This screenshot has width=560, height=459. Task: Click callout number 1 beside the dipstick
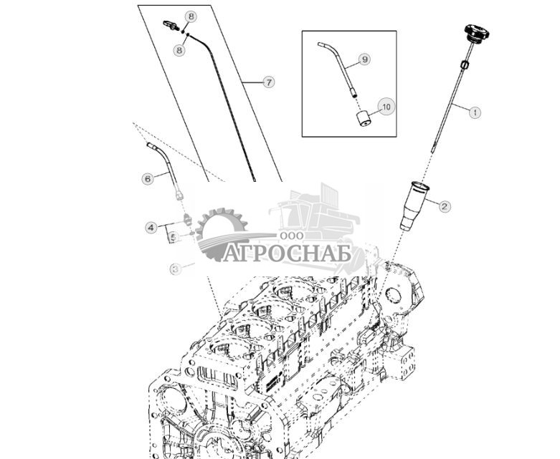tap(473, 112)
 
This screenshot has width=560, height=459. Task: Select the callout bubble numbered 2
tap(445, 206)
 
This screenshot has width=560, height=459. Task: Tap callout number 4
tap(151, 228)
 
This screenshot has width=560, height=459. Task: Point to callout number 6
tap(148, 178)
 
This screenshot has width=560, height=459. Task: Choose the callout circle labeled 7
tap(269, 82)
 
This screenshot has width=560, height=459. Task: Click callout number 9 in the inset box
tap(364, 59)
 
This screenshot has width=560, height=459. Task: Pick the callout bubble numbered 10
tap(386, 107)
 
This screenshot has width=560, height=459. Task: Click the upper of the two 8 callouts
tap(190, 16)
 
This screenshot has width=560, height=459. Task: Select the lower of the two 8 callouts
tap(179, 49)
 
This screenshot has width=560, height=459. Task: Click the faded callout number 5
tap(173, 237)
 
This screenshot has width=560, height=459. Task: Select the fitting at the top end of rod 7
tap(171, 26)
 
